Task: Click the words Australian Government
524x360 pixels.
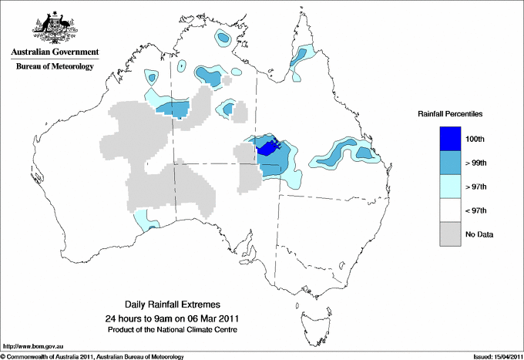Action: click(x=54, y=52)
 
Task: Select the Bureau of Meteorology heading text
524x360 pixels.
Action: click(x=54, y=66)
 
